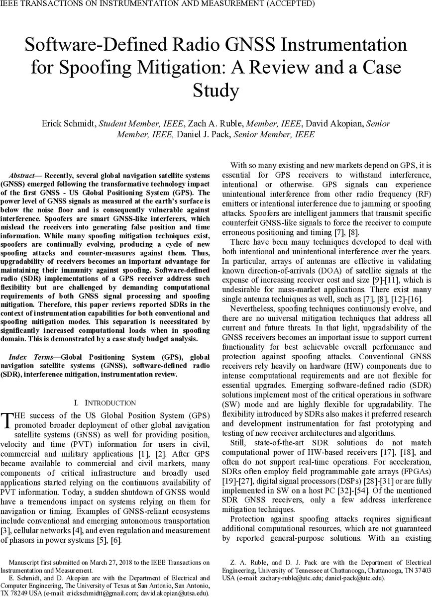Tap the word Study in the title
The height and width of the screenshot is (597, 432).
click(x=216, y=91)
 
